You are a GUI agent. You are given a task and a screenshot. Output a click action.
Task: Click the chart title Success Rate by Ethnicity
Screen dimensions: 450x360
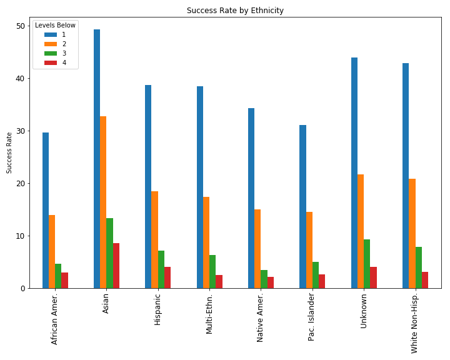tap(235, 11)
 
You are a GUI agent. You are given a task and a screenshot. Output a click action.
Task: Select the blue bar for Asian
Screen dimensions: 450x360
tap(97, 159)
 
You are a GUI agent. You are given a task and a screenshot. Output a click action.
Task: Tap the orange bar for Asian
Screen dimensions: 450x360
tap(103, 202)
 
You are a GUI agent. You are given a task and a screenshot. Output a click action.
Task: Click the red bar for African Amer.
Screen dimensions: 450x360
tap(64, 280)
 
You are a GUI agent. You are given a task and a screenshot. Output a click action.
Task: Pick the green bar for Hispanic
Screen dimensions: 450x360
tap(161, 269)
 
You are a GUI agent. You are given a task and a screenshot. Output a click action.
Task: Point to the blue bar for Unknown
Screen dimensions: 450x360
tap(354, 173)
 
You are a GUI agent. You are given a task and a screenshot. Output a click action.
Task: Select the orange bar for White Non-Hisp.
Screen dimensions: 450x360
tap(412, 233)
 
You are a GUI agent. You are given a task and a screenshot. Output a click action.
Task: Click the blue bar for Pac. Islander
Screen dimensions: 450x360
tap(302, 207)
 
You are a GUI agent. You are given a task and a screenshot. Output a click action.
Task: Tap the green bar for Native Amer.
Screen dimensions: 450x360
tap(264, 279)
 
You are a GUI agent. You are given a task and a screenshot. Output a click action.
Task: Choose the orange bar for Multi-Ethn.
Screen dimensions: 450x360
tap(206, 242)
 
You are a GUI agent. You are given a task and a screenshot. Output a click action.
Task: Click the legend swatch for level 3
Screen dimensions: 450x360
tap(51, 53)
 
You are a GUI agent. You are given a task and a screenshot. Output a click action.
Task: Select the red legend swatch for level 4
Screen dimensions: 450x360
tap(51, 62)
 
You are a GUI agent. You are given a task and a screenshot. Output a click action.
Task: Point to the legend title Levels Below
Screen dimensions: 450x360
tap(55, 25)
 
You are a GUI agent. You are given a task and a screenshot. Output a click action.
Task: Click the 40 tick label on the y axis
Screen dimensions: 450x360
tap(21, 78)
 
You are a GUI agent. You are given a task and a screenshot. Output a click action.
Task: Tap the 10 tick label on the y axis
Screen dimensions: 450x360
tap(21, 236)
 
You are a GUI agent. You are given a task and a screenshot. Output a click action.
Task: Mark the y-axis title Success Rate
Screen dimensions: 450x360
tap(9, 152)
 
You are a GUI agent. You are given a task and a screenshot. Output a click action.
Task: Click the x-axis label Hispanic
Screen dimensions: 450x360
tap(157, 310)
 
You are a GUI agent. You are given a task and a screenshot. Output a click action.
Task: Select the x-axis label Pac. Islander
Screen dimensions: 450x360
tap(311, 317)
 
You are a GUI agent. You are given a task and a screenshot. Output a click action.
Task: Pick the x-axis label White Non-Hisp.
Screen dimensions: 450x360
tap(414, 323)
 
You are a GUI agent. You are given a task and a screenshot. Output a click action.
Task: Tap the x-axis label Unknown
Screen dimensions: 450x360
tap(363, 311)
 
